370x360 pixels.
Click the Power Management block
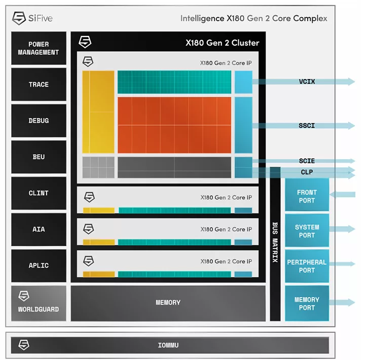pos(39,48)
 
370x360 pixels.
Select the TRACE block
pos(39,85)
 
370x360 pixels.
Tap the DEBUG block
pos(39,121)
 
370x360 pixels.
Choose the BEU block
pos(39,157)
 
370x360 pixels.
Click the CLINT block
pos(39,193)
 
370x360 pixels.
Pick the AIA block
pos(39,229)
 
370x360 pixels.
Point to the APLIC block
pos(39,265)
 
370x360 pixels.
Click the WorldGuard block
pos(39,303)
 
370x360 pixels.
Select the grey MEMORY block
pos(168,303)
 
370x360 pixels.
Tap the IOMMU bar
pos(168,346)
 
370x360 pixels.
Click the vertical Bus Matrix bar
pos(275,243)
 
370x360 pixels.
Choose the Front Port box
pos(307,196)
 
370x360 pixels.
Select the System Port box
pos(307,231)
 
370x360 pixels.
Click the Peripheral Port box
pos(307,266)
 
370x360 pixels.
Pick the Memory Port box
pos(307,303)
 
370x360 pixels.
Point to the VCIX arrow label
pos(307,81)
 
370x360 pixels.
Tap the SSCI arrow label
pos(307,125)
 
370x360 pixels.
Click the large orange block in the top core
pos(174,125)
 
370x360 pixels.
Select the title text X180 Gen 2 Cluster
pos(222,43)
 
